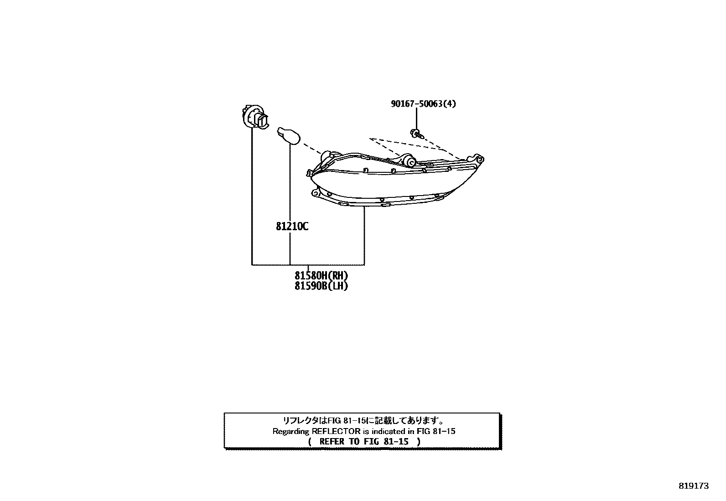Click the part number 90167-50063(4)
pyautogui.click(x=423, y=103)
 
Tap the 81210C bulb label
pyautogui.click(x=292, y=226)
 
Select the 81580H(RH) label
pyautogui.click(x=321, y=276)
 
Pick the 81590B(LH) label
pyautogui.click(x=321, y=286)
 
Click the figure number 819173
pyautogui.click(x=694, y=486)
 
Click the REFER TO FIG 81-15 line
pyautogui.click(x=364, y=441)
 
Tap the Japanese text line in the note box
pyautogui.click(x=363, y=420)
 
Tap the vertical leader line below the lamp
pyautogui.click(x=364, y=236)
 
